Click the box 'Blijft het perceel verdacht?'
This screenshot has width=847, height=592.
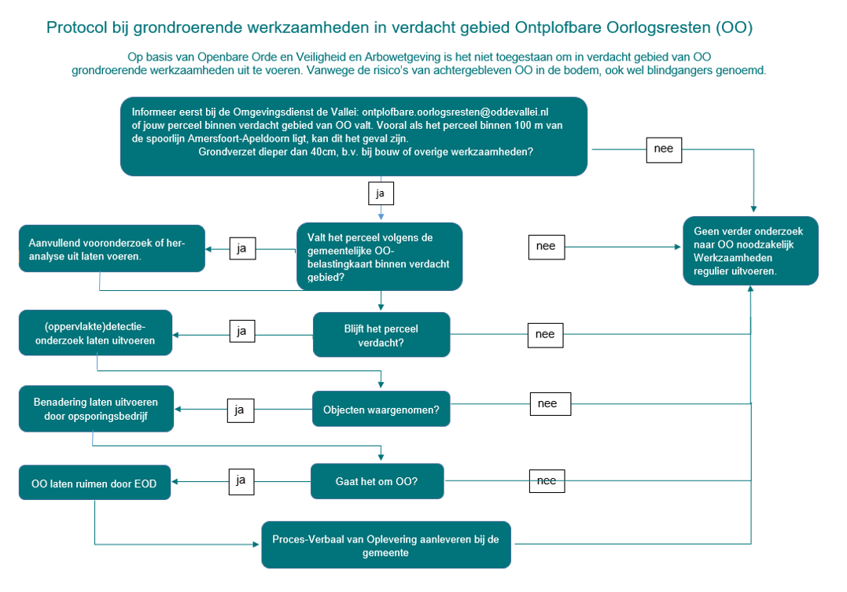click(381, 336)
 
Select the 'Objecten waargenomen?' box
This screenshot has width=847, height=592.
click(381, 410)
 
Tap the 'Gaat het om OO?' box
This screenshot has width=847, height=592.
click(377, 481)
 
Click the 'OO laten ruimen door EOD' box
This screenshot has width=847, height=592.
click(94, 484)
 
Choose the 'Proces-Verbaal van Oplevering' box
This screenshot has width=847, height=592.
click(386, 545)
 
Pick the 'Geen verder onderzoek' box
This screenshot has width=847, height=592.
click(750, 251)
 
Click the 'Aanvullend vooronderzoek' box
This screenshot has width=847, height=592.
click(112, 249)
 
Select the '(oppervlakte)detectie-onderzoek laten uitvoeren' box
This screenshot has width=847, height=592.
click(95, 333)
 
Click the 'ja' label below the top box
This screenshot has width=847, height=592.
click(381, 193)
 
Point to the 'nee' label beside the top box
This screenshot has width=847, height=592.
click(664, 149)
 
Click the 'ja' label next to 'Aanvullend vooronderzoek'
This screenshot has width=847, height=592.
click(241, 248)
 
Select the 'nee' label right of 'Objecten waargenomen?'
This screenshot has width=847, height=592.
click(548, 404)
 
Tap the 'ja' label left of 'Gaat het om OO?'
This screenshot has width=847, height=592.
click(241, 480)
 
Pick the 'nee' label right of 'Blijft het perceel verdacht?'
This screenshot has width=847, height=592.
click(545, 334)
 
